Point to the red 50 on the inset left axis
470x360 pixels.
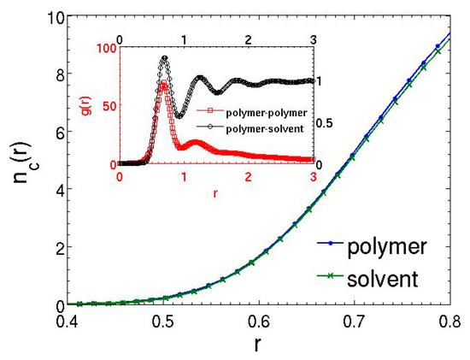(108, 106)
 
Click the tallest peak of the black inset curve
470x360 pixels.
(164, 57)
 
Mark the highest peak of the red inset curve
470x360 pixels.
(162, 83)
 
